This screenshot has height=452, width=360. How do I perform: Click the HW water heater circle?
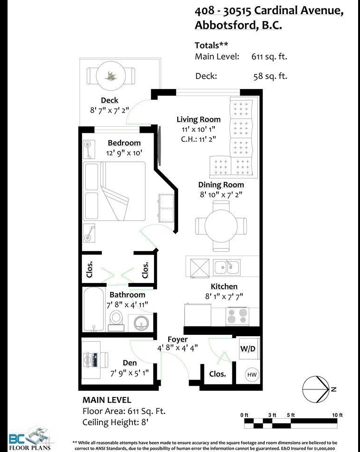pos(252,374)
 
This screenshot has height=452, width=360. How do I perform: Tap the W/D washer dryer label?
pos(248,349)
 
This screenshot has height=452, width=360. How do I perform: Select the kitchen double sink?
pos(227,267)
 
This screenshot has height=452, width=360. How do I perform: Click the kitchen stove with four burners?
pos(237,315)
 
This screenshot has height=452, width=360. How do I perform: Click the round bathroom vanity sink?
pos(141,323)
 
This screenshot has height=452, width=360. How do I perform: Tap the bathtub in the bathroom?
pos(93,309)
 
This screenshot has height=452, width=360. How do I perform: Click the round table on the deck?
pos(111,76)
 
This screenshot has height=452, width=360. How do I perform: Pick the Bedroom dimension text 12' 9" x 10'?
pos(124,153)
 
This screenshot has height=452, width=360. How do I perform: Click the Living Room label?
pos(198,119)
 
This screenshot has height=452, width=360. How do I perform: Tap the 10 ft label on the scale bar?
pos(337,415)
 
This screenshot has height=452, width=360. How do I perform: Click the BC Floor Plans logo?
pos(29,439)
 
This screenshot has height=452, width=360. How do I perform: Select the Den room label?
pos(130,363)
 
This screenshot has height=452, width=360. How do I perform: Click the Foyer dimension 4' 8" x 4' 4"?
pos(177,348)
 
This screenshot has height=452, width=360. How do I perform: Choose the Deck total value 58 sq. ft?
pos(270,76)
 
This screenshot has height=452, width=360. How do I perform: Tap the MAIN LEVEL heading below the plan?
pos(107,400)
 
